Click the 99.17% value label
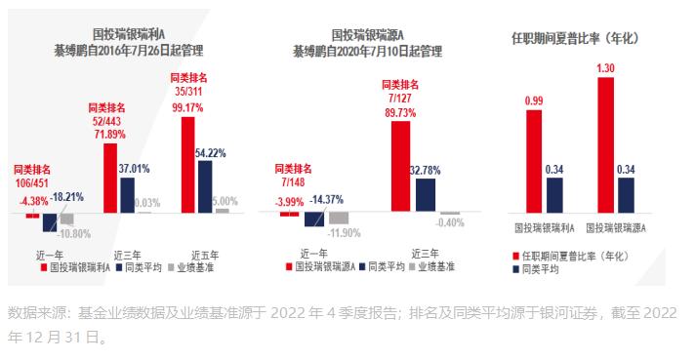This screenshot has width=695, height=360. (188, 107)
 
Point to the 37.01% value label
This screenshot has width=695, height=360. (134, 169)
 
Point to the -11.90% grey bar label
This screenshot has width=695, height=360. (346, 233)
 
